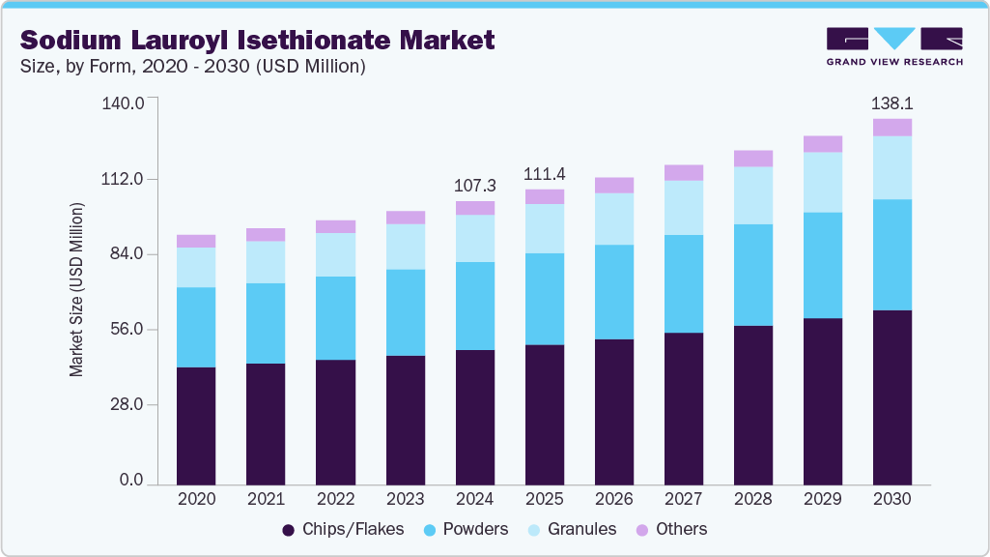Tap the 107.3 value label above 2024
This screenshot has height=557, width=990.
pos(474,184)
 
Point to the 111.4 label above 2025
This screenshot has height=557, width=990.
pos(544,174)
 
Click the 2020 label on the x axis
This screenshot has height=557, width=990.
pos(196,499)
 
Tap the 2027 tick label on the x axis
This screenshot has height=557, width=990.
pos(683,499)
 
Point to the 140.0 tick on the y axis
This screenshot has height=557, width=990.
pos(123,103)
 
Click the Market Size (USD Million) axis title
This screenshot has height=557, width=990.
pos(76,290)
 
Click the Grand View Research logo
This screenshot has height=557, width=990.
pos(894,45)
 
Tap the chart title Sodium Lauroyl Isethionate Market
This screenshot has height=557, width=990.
pos(258,40)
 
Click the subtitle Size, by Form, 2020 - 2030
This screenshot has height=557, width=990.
pos(192,67)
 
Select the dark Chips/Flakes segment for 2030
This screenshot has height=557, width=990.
pos(891,396)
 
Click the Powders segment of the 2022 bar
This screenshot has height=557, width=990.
pos(335,318)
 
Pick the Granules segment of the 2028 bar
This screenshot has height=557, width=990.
pos(752,195)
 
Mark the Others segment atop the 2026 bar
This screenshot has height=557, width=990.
pos(613,185)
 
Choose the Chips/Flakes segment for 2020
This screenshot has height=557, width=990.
pos(196,425)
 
